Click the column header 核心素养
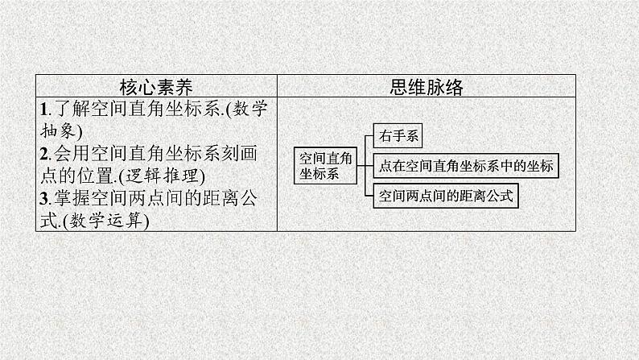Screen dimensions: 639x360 [x=156, y=87]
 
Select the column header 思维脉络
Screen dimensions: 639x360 [x=427, y=87]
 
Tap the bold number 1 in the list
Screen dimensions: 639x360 [x=44, y=110]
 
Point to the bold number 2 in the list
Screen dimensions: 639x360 [x=44, y=154]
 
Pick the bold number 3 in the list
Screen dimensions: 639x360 [x=44, y=199]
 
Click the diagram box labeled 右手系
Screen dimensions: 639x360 [x=398, y=136]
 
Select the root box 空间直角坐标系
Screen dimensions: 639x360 [x=326, y=166]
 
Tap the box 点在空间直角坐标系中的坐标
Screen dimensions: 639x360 [x=466, y=166]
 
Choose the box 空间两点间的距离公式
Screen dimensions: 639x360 [x=446, y=196]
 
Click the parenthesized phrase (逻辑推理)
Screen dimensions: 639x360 [x=162, y=176]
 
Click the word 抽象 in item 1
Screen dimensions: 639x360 [x=58, y=131]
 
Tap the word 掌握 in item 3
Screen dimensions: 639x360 [x=72, y=199]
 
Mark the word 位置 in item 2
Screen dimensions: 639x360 [x=97, y=176]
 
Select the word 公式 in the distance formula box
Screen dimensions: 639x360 [x=500, y=196]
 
